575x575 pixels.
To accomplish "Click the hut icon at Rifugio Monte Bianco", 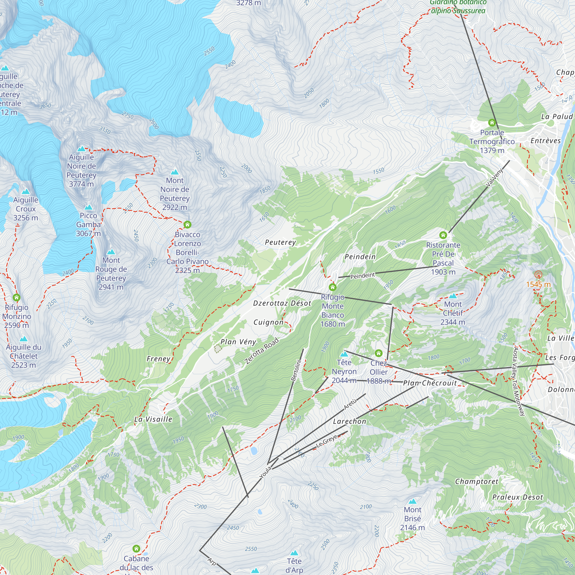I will coord(332,287).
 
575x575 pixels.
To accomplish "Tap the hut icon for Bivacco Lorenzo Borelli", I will coord(187,225).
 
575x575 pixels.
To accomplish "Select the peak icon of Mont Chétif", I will coord(453,296).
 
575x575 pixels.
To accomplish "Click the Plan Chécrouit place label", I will coord(430,383).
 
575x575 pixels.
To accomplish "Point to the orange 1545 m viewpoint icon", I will coord(538,275).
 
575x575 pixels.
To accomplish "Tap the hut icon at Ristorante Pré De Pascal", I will coord(443,235).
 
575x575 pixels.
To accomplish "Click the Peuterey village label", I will coord(280,243).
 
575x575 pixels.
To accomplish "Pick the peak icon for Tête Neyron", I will coord(344,354).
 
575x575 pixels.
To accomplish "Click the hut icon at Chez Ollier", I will coord(378,353).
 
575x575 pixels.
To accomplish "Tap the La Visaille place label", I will coord(153,419).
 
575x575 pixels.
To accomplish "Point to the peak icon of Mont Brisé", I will coord(412,501).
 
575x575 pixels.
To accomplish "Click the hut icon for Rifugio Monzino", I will coord(16,297).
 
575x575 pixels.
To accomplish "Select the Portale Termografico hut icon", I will coord(492,123).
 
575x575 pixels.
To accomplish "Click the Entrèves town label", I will coord(546,141).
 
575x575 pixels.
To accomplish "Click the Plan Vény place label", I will coord(238,342).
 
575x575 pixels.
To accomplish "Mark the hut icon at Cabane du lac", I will coord(136,549).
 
